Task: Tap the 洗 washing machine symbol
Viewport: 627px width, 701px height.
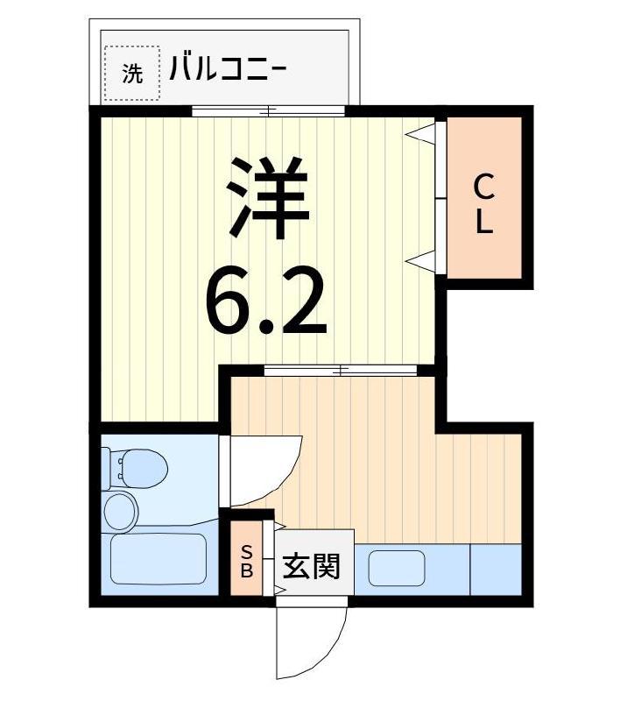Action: (132, 73)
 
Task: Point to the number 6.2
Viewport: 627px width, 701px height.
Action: (265, 300)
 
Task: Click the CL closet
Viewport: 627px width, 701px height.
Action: (484, 198)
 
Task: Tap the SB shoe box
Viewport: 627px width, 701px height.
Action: (246, 558)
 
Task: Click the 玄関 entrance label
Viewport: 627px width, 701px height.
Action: (312, 566)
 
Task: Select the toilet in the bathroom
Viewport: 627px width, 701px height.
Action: (135, 469)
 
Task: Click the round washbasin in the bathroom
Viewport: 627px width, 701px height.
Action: (120, 512)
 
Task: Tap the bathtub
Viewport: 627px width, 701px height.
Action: (159, 559)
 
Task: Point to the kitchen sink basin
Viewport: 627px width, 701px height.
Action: (397, 568)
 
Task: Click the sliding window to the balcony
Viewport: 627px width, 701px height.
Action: (269, 111)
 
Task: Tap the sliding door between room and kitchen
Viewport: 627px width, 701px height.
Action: (341, 371)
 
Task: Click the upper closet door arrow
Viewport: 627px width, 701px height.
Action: (420, 134)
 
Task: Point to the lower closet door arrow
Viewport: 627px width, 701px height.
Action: (420, 260)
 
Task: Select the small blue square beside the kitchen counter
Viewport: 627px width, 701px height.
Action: (496, 570)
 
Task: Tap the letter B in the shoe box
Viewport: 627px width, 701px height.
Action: (247, 570)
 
